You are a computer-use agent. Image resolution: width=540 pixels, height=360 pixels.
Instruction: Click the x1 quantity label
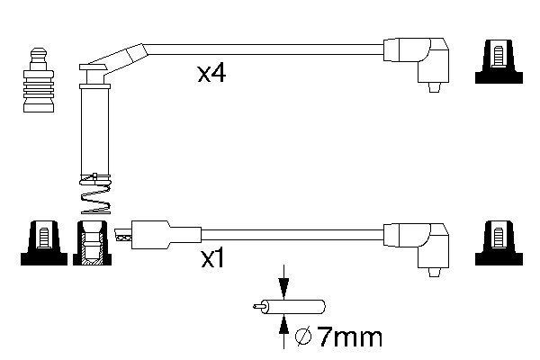click(x=212, y=261)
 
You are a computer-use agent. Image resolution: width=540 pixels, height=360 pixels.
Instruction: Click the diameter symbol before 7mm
click(x=304, y=338)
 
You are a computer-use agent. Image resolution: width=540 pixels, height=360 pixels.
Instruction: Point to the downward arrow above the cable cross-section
click(x=284, y=282)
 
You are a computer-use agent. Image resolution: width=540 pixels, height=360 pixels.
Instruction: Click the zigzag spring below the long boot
click(x=94, y=197)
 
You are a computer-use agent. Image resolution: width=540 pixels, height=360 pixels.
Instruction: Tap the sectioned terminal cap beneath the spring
click(x=92, y=245)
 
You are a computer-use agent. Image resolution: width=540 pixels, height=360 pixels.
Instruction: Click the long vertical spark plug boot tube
click(x=94, y=130)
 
